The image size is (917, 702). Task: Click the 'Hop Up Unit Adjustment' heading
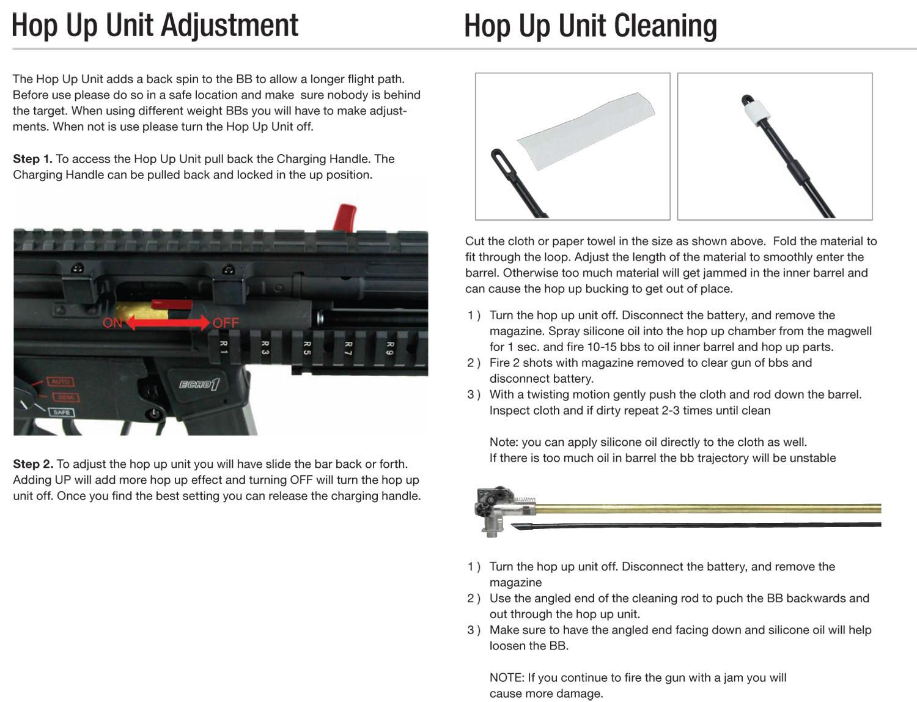[155, 26]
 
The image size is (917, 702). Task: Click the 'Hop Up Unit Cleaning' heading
[591, 26]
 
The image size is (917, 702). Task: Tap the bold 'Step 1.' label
[32, 159]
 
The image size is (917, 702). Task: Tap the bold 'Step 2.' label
[33, 464]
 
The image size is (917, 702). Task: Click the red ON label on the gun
[112, 323]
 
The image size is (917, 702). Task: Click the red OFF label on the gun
[226, 323]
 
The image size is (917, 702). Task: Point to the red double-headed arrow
[168, 323]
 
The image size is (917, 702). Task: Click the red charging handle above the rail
[345, 218]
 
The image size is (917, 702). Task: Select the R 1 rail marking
[224, 347]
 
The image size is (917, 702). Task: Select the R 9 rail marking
[390, 348]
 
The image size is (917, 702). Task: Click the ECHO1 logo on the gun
[199, 384]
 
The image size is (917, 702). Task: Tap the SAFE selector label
[61, 412]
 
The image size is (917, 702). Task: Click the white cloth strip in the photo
[586, 131]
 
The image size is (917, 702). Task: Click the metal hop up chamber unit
[501, 511]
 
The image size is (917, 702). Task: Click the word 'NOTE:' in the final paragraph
[507, 678]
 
